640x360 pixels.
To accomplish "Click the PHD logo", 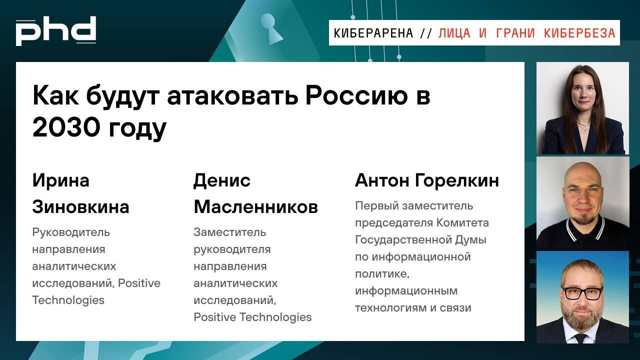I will click(x=55, y=31).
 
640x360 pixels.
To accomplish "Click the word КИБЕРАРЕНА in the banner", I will click(x=373, y=33).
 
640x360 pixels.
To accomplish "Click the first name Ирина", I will click(x=60, y=180).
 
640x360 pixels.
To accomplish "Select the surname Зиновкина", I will click(x=80, y=206).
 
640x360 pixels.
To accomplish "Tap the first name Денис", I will click(x=222, y=180).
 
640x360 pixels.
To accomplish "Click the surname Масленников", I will click(x=255, y=206).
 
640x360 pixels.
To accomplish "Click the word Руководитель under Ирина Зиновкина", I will click(x=71, y=232).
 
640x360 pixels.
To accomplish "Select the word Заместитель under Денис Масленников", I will click(x=229, y=232).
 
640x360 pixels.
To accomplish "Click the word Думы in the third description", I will click(x=470, y=239).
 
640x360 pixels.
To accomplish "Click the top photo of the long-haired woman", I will click(x=582, y=108).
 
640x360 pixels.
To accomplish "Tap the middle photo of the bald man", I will click(x=582, y=202).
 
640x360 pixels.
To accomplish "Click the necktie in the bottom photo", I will click(x=580, y=338).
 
